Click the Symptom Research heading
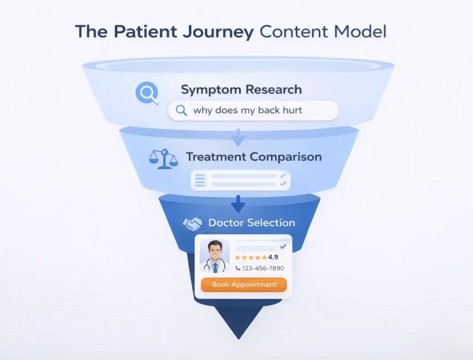[x=241, y=89]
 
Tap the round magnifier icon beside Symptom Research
[x=146, y=93]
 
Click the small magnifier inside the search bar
[x=182, y=110]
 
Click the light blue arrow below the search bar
[x=238, y=137]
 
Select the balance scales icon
[x=163, y=159]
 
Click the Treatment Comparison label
[x=254, y=157]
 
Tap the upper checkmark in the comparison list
[x=283, y=176]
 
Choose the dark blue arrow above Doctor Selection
[x=238, y=202]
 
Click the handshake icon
[x=193, y=224]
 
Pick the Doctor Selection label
[x=251, y=223]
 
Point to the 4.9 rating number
[x=273, y=257]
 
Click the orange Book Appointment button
[x=244, y=285]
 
